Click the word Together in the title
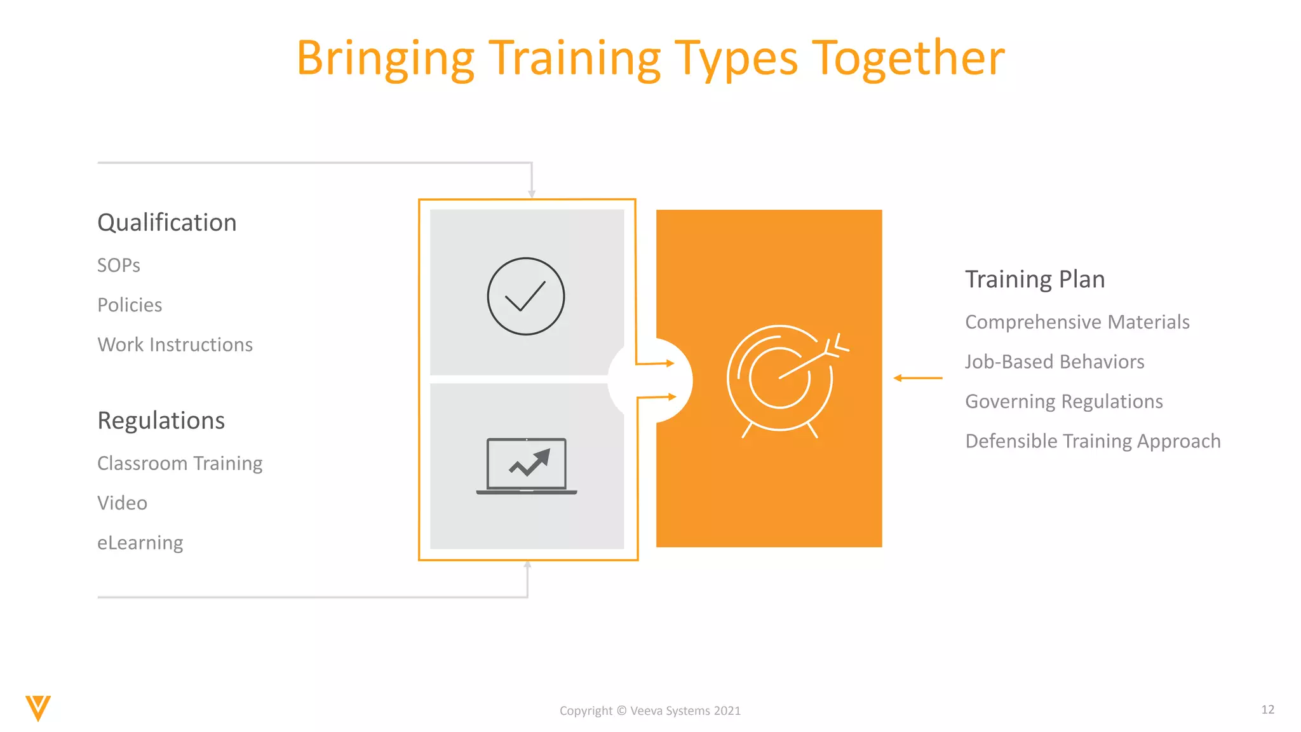tap(908, 58)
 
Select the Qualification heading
tap(166, 223)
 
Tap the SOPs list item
tap(119, 265)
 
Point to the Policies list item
tap(130, 305)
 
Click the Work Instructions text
tap(175, 344)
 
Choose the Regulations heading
tap(161, 421)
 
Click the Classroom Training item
tap(180, 463)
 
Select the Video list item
tap(122, 503)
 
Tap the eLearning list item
tap(140, 543)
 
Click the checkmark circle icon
tap(525, 296)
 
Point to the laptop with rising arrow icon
tap(527, 466)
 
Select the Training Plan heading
tap(1035, 280)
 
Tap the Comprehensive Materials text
tap(1077, 322)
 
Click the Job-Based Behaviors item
tap(1055, 362)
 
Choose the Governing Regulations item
tap(1064, 402)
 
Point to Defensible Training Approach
tap(1093, 441)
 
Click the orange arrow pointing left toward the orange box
tap(918, 378)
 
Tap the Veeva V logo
tap(38, 708)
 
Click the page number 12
tap(1267, 709)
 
